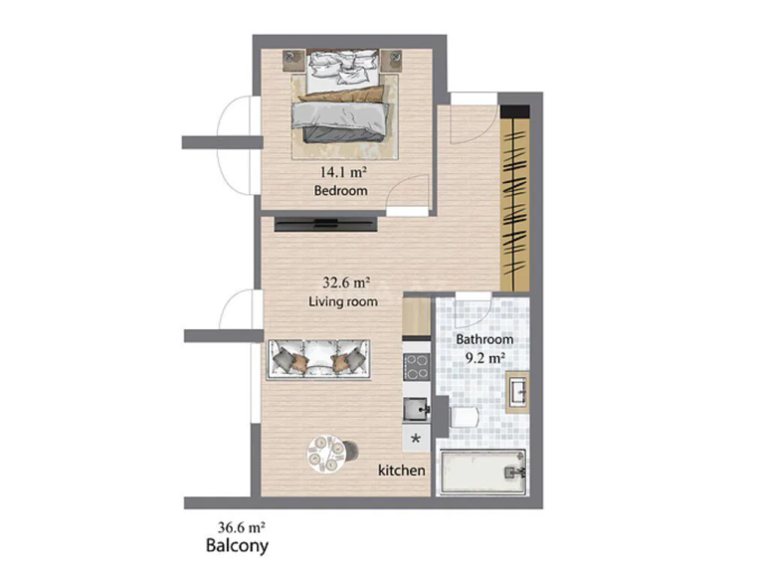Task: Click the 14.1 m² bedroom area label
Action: click(343, 172)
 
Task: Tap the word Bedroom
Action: click(340, 191)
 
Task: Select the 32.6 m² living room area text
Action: click(346, 283)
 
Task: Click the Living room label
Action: click(343, 301)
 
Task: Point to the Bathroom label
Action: click(484, 339)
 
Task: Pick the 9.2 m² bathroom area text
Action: click(484, 359)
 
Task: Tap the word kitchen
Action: click(402, 471)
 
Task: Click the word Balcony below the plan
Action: click(237, 545)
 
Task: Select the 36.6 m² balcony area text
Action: click(241, 527)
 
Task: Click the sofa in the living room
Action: click(318, 360)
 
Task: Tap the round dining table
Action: click(326, 454)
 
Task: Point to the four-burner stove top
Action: click(416, 367)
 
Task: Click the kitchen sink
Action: click(416, 408)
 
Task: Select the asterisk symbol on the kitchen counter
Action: click(416, 439)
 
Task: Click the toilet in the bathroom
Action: click(465, 417)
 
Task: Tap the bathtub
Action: click(482, 473)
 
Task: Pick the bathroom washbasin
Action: click(517, 392)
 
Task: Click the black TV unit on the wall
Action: click(325, 224)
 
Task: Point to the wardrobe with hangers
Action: click(515, 197)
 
